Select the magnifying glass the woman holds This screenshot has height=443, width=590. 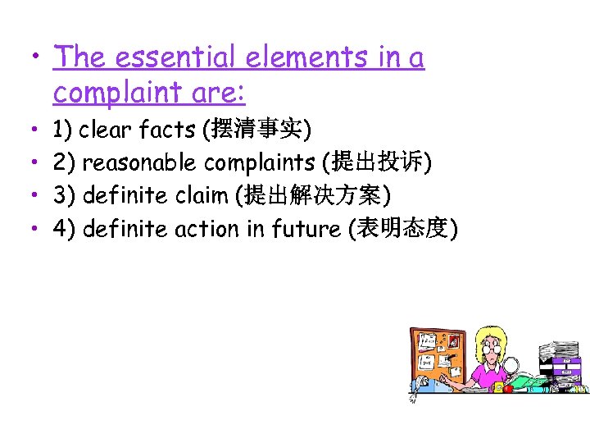511,365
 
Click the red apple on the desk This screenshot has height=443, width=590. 508,388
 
